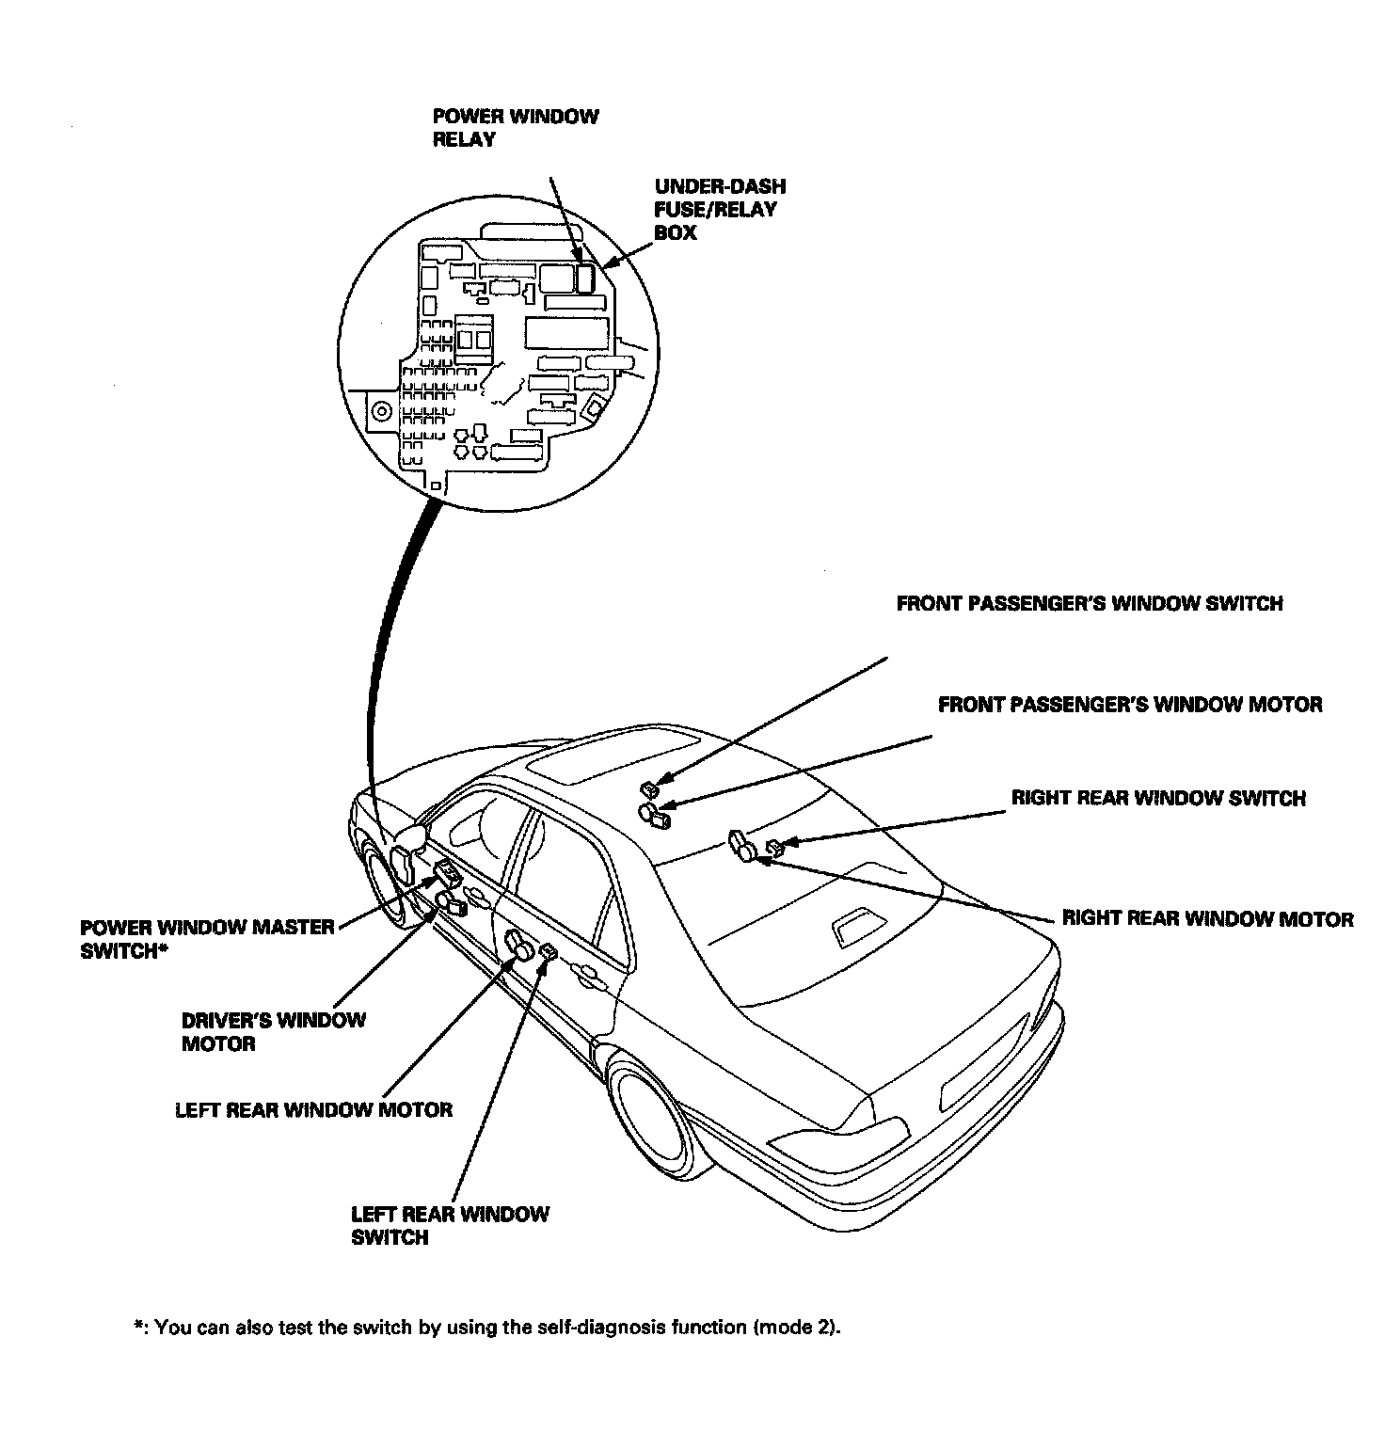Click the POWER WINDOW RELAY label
[515, 128]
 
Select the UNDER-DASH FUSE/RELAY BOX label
[720, 209]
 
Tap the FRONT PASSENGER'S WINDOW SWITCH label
[1089, 603]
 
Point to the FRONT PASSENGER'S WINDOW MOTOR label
[1129, 704]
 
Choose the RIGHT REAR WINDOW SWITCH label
[1157, 798]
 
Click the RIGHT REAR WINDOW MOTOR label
[1207, 918]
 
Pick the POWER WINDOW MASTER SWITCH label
[207, 938]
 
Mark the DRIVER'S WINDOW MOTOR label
[273, 1031]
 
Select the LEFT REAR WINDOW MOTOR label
[313, 1109]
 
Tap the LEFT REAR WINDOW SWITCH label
[449, 1225]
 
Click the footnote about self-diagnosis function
[486, 1328]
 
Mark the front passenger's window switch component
[648, 788]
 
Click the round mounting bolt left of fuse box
[382, 412]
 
